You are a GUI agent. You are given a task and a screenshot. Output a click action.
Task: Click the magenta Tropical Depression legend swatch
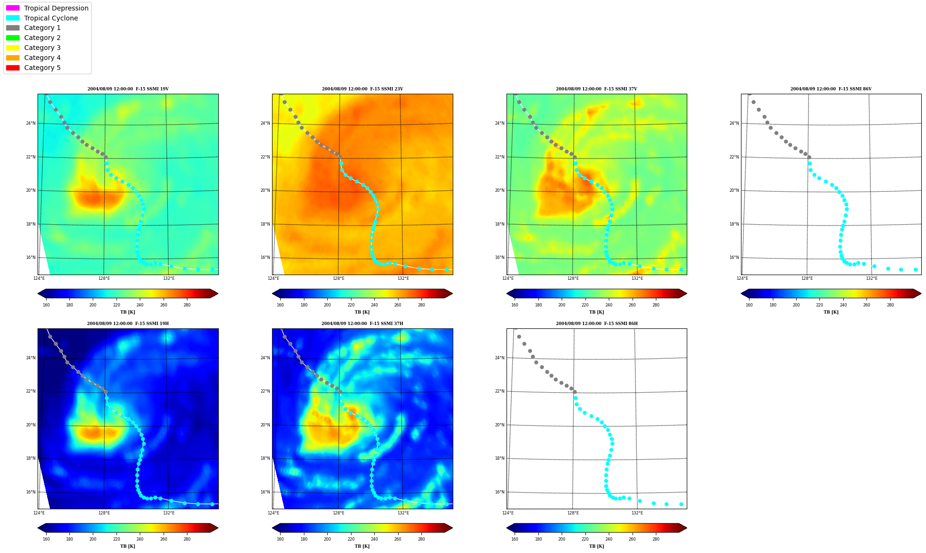[13, 8]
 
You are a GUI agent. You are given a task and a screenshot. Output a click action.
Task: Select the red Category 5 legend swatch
[13, 68]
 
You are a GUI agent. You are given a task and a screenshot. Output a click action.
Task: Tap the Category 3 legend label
[42, 48]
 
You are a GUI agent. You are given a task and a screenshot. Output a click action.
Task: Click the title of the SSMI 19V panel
[128, 89]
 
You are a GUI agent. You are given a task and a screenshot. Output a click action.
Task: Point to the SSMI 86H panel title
[597, 324]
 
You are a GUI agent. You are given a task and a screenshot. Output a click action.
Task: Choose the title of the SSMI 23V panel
[362, 89]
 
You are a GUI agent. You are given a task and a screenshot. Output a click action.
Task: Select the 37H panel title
[362, 324]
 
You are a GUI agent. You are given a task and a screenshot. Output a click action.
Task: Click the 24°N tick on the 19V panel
[31, 123]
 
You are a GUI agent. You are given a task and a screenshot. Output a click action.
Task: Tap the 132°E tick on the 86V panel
[871, 278]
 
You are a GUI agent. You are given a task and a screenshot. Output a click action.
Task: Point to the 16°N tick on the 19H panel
[31, 492]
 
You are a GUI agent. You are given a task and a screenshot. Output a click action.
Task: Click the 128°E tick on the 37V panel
[573, 278]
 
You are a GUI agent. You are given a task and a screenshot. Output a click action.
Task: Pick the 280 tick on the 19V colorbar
[187, 305]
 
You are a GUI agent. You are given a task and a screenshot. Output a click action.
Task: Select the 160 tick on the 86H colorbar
[515, 539]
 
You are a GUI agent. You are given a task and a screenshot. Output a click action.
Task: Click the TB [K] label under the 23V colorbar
[362, 312]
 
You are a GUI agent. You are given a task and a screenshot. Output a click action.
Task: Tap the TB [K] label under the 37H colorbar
[362, 546]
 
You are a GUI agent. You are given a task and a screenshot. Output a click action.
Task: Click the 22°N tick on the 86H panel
[500, 391]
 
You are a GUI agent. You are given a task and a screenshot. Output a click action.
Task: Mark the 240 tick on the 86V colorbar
[843, 305]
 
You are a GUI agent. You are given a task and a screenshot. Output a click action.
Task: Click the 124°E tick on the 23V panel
[273, 278]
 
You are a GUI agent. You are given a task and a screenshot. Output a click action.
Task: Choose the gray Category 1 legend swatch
[13, 28]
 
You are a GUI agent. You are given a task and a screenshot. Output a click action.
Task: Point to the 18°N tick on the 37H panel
[265, 458]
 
